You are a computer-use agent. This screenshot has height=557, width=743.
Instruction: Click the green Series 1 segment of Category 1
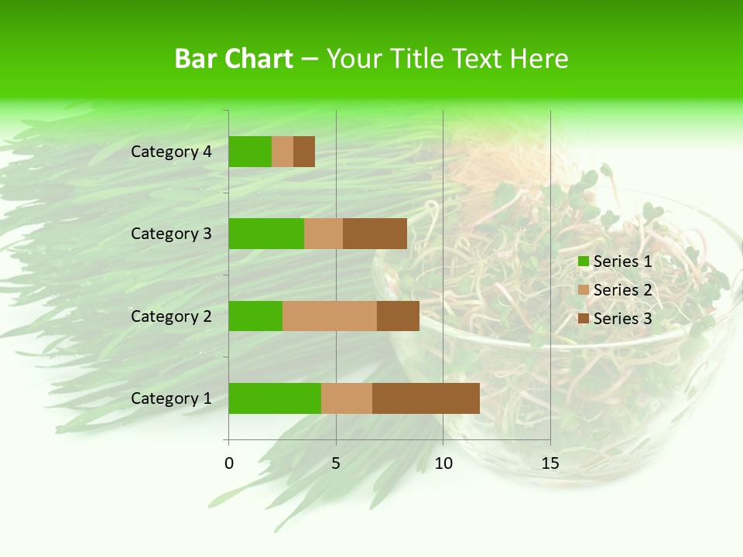click(275, 398)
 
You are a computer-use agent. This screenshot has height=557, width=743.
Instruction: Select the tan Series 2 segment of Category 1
click(347, 398)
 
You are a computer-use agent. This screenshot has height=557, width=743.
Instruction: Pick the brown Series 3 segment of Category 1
click(426, 398)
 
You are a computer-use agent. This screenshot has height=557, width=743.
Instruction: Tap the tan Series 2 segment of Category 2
click(330, 316)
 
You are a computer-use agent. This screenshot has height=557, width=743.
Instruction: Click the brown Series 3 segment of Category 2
click(398, 316)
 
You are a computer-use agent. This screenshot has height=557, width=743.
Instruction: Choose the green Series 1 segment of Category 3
click(266, 234)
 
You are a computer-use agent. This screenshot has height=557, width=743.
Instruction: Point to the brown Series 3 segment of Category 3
click(375, 234)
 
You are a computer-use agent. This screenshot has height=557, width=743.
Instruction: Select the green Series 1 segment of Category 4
click(250, 152)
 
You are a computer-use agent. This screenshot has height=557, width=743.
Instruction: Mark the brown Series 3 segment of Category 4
click(304, 152)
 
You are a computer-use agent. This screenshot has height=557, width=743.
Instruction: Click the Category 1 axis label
click(171, 398)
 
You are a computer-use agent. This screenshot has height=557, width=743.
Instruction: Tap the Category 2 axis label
click(171, 316)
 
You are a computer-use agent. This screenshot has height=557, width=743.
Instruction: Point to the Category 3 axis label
click(171, 234)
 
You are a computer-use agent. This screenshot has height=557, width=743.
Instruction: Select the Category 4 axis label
click(171, 152)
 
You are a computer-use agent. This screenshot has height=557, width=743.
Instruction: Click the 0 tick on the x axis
click(229, 463)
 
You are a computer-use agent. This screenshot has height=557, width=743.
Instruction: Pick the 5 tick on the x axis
click(336, 463)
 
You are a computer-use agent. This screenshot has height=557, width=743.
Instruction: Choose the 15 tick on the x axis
click(550, 463)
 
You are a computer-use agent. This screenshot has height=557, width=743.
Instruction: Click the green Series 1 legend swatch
click(583, 261)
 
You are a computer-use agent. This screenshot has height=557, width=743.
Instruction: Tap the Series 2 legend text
click(622, 290)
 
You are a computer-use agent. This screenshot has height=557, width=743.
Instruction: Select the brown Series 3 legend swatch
click(583, 319)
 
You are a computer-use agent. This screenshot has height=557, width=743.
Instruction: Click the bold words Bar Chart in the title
click(234, 59)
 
